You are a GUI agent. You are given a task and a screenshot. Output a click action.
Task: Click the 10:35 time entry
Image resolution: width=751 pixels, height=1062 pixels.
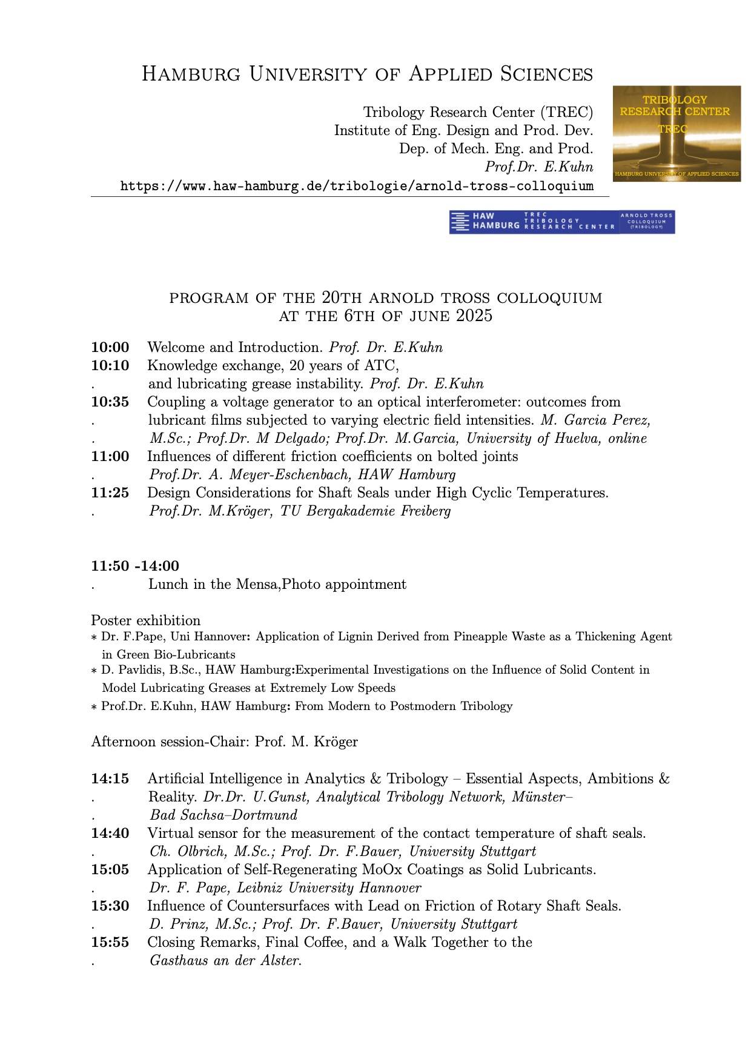click(110, 402)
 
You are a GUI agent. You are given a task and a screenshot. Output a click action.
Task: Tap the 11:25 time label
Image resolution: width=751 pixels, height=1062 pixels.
click(110, 493)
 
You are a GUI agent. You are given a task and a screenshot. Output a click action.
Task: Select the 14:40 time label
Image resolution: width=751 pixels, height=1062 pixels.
click(110, 834)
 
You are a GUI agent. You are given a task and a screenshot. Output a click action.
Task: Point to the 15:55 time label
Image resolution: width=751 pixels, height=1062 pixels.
click(110, 943)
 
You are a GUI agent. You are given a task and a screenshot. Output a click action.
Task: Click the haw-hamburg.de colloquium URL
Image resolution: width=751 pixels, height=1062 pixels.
click(357, 186)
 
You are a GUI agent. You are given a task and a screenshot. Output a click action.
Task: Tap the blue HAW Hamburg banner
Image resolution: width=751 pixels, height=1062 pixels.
click(561, 222)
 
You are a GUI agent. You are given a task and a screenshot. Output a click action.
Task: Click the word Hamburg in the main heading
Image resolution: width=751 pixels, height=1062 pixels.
click(193, 74)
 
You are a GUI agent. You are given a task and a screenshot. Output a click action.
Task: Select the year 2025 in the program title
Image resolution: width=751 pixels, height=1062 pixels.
click(474, 316)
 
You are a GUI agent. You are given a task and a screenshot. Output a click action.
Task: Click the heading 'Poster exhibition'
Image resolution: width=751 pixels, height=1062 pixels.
click(145, 620)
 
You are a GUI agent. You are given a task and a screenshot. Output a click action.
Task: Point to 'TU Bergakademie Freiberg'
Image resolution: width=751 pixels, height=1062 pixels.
click(365, 511)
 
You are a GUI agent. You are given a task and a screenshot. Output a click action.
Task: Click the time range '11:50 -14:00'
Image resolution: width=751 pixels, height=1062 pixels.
click(135, 566)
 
